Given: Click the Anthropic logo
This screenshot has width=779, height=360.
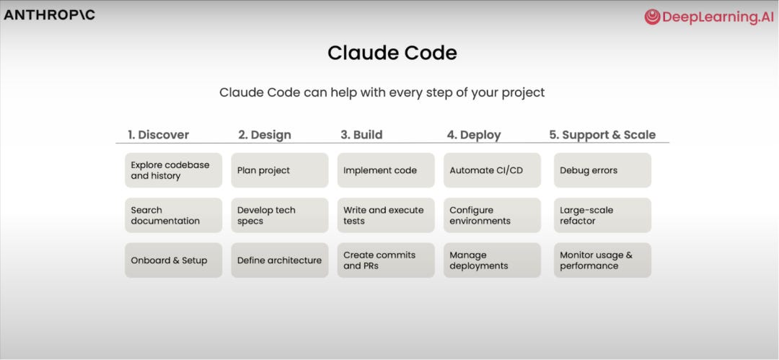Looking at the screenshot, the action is pos(49,14).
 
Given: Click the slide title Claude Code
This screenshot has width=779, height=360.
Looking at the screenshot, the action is pos(392,53).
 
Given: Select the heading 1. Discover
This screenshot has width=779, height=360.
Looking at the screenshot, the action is pos(158,134).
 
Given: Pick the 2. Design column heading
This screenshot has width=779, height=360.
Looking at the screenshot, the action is pos(265,134).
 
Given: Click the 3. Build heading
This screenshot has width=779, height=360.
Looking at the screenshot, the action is pos(361,134).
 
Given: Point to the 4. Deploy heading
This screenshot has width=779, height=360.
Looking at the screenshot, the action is pos(473,134).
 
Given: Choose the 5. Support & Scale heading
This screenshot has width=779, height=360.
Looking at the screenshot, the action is pos(602,134).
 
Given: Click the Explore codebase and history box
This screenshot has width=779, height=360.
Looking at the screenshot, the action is pos(173,170).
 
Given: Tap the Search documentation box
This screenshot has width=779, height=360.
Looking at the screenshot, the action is pos(173,215).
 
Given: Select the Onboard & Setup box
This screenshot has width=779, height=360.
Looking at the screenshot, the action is pos(173,260).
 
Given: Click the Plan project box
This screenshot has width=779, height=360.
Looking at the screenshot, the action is pos(280,170).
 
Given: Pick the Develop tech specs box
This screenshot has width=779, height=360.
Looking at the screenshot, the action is pos(280,215).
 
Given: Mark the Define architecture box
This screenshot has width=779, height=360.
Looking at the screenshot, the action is pos(280,260).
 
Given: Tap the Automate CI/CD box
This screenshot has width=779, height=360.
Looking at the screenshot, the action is pos(492,170).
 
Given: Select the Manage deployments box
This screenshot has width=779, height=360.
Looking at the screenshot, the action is pos(492,260).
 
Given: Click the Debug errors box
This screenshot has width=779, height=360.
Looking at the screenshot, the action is pos(602,170).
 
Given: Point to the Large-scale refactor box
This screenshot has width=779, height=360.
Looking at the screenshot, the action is pos(602,215).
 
